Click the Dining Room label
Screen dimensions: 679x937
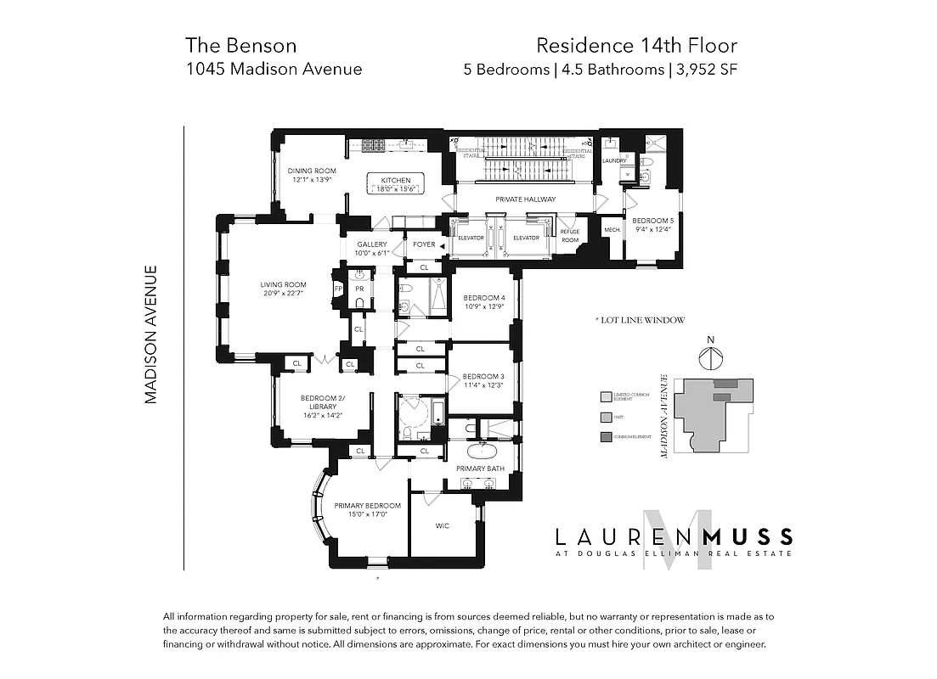pyautogui.click(x=305, y=171)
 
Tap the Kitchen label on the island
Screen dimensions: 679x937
pyautogui.click(x=396, y=180)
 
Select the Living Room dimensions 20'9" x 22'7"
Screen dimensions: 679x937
pyautogui.click(x=284, y=293)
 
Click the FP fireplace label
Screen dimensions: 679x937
pyautogui.click(x=338, y=289)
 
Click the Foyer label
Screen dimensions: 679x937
pyautogui.click(x=423, y=244)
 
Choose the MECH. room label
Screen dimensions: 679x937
pyautogui.click(x=612, y=230)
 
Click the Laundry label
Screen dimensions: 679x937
pyautogui.click(x=613, y=160)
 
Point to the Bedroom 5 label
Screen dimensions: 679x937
pyautogui.click(x=652, y=221)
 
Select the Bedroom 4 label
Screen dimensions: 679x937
pyautogui.click(x=484, y=298)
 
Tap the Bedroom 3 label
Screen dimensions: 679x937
pyautogui.click(x=483, y=376)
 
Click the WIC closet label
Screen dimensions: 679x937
pyautogui.click(x=443, y=526)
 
